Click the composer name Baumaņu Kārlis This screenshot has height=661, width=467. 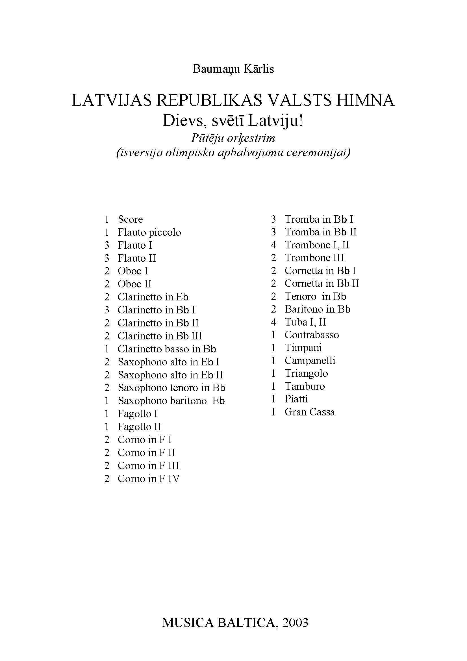click(233, 69)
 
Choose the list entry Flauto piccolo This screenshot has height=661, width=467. click(149, 232)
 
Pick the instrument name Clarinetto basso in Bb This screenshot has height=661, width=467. click(167, 349)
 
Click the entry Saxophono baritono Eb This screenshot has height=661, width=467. click(171, 401)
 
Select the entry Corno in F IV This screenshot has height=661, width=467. click(149, 478)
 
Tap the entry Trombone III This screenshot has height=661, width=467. click(314, 257)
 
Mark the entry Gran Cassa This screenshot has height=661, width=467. click(310, 412)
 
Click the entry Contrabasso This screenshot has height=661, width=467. click(312, 335)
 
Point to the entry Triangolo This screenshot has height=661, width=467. click(306, 373)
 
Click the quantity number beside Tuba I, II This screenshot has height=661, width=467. click(273, 322)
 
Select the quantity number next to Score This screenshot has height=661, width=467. click(107, 219)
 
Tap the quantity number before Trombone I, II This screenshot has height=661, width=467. click(273, 245)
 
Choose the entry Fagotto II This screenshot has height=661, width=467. click(139, 427)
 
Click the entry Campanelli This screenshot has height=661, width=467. click(310, 360)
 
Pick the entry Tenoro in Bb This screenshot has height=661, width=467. click(315, 296)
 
